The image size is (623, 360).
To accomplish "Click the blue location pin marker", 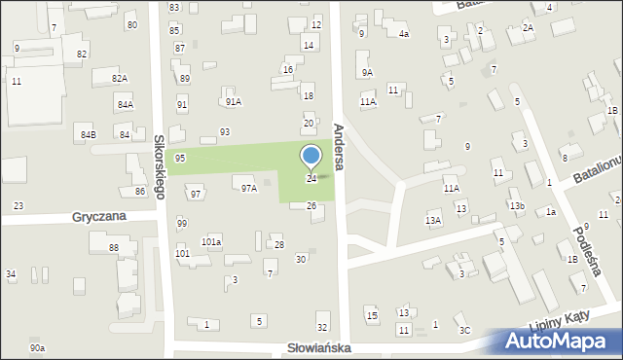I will (311, 156).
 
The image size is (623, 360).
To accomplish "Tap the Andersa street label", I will (340, 143).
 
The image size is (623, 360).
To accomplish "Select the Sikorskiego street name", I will (160, 154).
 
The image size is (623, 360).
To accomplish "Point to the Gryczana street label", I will (98, 217).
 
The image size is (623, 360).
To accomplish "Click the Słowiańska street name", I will (319, 347).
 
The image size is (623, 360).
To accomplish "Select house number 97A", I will (249, 189).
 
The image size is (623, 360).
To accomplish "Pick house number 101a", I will (211, 241).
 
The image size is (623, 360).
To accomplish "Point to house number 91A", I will (233, 101).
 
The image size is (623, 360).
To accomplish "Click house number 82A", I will (119, 78).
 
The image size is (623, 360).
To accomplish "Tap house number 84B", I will (89, 134).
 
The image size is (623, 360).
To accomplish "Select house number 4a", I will (404, 34).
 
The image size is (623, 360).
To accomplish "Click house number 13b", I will (517, 205).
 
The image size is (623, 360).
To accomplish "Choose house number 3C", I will (465, 331).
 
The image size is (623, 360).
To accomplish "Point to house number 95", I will (180, 158).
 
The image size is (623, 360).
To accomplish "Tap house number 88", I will (114, 249).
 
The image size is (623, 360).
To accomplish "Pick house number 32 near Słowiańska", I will (322, 328).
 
